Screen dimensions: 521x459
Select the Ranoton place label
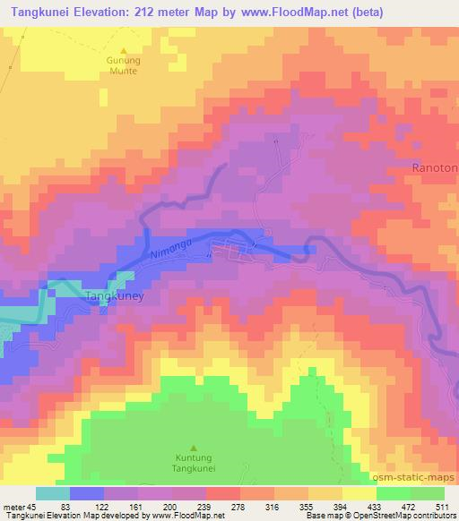point(435,167)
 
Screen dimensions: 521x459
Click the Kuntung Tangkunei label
point(195,462)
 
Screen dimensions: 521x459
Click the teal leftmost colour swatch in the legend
point(52,493)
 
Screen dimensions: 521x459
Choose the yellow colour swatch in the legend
point(359,493)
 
